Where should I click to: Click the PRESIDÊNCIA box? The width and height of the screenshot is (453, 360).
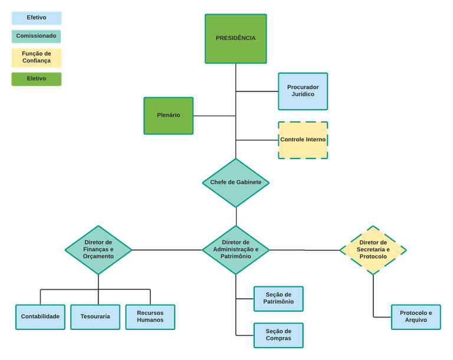coord(235,38)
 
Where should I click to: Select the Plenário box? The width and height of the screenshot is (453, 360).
coord(169,115)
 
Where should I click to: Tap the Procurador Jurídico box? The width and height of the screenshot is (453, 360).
coord(303,91)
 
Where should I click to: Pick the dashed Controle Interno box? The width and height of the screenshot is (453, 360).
coord(303,140)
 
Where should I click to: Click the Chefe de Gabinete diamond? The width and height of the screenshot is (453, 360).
coord(235,183)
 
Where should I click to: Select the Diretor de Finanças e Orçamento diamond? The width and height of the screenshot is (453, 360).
coord(98,250)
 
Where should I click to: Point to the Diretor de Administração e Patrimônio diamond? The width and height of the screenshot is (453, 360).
coord(235,250)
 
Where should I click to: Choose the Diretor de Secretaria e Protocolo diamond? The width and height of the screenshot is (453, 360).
coord(373,250)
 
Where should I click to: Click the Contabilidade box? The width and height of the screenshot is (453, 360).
coord(40,316)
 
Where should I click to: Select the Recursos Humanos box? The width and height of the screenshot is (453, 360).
coord(150,316)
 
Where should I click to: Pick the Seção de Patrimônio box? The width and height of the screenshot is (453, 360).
coord(278,299)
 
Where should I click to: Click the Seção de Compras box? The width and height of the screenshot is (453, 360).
coord(278,335)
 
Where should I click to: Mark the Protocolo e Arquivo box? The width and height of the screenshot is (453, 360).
coord(415,316)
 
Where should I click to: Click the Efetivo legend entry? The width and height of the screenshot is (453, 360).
coord(37,18)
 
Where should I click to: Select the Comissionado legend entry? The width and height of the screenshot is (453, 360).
coord(36,36)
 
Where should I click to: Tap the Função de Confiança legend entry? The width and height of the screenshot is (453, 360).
coord(37,57)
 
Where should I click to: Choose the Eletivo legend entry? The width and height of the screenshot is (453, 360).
coord(37,79)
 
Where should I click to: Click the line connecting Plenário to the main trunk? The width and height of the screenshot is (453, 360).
coord(214,115)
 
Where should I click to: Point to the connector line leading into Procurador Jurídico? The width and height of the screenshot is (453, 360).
coord(257,91)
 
